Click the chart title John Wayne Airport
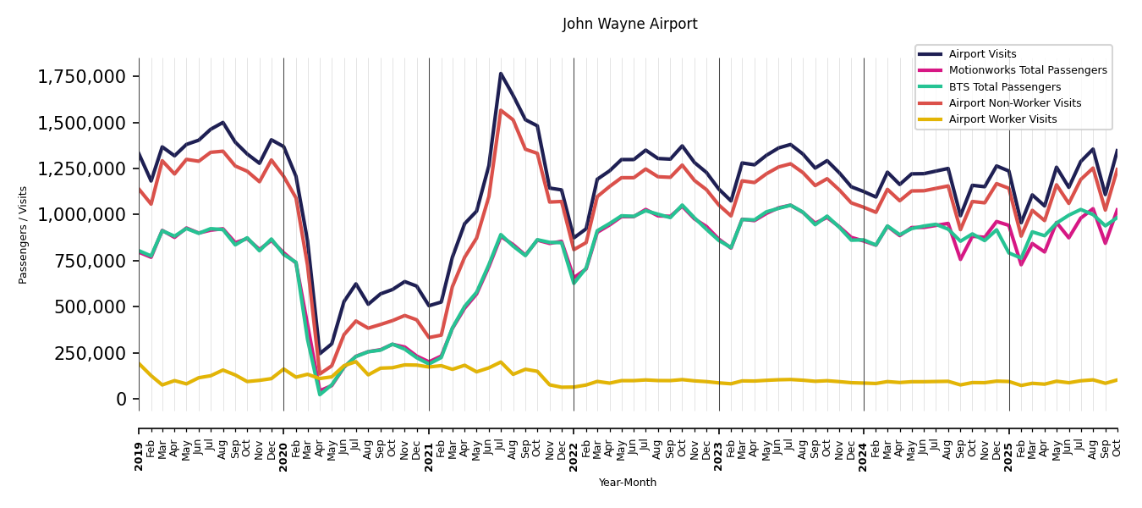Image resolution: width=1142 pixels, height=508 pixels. [629, 25]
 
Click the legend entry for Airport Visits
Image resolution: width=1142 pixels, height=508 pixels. [982, 54]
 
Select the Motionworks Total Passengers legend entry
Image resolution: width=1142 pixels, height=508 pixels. [1027, 70]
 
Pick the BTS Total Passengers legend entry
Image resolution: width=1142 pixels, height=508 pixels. [1004, 87]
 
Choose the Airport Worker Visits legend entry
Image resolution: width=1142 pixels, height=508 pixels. [1002, 119]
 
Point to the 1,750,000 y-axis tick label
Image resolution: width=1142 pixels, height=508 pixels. [82, 77]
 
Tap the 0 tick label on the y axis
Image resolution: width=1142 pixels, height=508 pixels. [121, 399]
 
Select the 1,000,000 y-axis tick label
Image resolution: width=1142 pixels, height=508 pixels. [82, 215]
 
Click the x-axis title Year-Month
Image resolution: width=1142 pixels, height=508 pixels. [627, 483]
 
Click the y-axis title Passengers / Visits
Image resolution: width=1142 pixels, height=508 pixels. [24, 235]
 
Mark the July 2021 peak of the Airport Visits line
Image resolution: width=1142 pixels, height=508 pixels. [501, 74]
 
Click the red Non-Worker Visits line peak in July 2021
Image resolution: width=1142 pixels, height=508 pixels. [501, 110]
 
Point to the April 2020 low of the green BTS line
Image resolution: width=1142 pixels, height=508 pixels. [320, 394]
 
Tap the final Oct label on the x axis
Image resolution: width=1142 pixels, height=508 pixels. [1117, 441]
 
